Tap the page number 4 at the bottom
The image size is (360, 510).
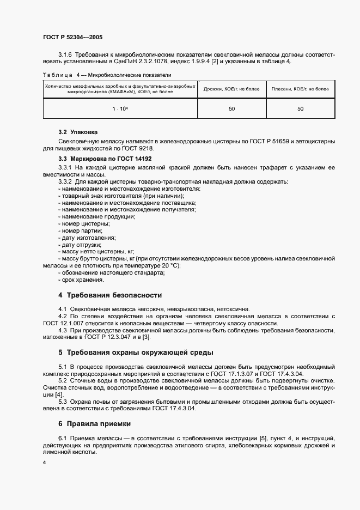[44, 462]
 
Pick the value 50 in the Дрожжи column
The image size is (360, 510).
[232, 109]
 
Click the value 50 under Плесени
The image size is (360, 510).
[300, 109]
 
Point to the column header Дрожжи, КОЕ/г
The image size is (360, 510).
[232, 89]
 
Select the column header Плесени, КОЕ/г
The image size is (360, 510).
[300, 89]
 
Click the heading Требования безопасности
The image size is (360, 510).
[109, 295]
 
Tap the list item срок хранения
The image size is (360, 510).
[82, 280]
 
